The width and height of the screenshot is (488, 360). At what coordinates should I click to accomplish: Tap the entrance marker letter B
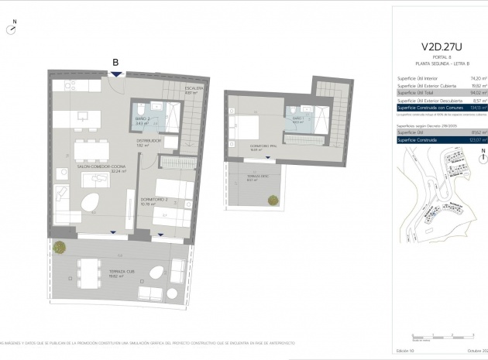(x=115, y=62)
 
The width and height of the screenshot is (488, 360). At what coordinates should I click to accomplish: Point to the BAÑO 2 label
(x=142, y=118)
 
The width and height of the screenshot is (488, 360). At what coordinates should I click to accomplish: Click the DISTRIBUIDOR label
(x=149, y=141)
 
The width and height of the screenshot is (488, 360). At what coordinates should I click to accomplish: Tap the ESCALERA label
(x=193, y=88)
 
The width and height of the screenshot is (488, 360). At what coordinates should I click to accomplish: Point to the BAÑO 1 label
(x=298, y=118)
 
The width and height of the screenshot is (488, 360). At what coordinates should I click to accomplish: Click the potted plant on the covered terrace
(x=60, y=247)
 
